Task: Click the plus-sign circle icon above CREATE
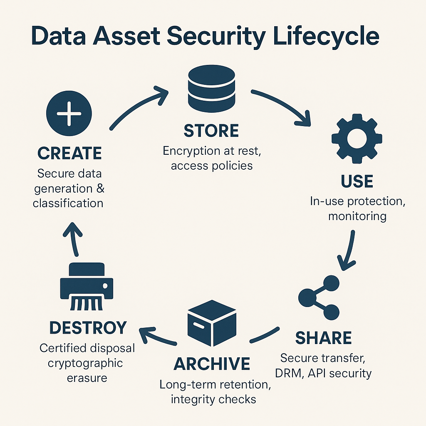point(69,113)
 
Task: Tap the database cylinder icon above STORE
point(211,89)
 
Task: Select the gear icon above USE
point(357,139)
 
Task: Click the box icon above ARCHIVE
point(212,323)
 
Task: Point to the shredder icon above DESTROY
point(87,286)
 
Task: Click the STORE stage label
point(211,131)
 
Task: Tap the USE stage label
point(357,181)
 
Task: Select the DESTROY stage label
point(88,328)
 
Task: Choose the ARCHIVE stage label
point(212,364)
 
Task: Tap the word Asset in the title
point(126,36)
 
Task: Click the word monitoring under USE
point(357,216)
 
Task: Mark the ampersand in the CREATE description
point(100,188)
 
